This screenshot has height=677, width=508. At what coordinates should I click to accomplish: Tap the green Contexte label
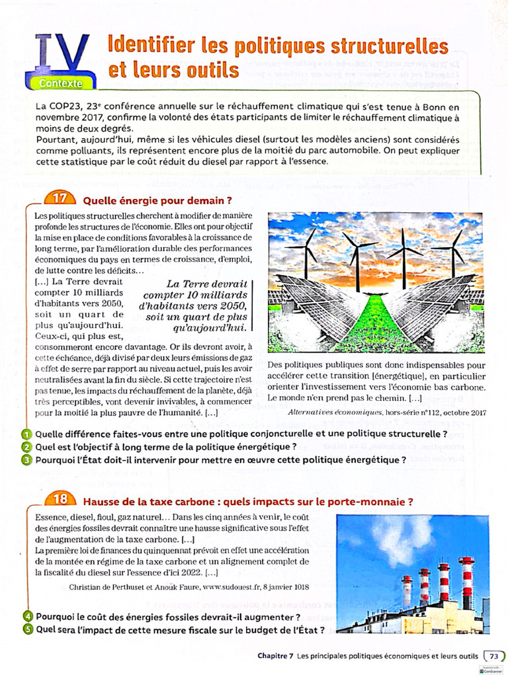pos(61,83)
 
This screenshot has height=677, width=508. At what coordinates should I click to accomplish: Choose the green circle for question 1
pos(26,434)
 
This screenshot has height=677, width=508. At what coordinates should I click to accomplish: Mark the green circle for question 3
pos(26,460)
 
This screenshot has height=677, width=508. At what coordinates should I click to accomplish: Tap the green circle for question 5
pos(26,629)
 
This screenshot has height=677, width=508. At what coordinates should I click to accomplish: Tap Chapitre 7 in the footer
pos(275,656)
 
